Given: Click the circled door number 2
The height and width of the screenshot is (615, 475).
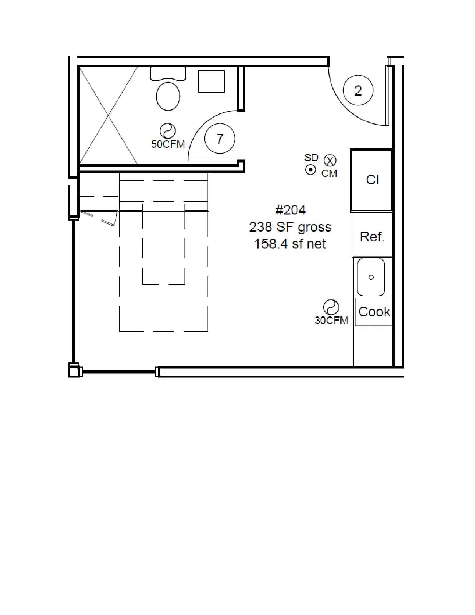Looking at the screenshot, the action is click(358, 90).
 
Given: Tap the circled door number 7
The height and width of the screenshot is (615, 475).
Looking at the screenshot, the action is click(219, 139).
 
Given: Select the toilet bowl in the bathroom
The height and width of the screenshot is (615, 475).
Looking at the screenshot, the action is click(168, 96).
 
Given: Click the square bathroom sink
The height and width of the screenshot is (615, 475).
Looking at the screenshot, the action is click(212, 81).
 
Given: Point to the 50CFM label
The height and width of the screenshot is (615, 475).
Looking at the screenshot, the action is click(168, 145).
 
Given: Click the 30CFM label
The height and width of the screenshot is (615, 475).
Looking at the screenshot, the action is click(331, 320).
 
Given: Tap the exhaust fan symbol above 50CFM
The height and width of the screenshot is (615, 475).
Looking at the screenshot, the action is click(168, 131).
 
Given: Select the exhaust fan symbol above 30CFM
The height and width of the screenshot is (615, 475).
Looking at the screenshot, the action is click(331, 307).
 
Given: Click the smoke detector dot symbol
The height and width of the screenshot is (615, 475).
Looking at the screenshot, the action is click(311, 170).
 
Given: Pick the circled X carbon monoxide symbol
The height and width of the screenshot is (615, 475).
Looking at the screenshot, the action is click(330, 160).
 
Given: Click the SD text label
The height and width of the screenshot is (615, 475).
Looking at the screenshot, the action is click(311, 157).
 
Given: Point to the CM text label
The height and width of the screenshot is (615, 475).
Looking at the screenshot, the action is click(329, 173).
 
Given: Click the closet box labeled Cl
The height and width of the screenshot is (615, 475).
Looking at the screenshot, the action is click(372, 181).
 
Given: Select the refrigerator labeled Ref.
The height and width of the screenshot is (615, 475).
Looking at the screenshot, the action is click(372, 235).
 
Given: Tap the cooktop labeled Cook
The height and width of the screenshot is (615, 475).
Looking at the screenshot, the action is click(374, 312).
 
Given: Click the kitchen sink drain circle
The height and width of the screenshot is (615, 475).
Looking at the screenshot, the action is click(371, 278).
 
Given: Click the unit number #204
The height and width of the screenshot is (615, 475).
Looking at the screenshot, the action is click(290, 210).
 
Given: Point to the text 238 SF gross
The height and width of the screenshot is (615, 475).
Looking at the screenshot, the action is click(290, 227).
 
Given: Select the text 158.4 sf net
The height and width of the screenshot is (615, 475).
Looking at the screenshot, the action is click(290, 244).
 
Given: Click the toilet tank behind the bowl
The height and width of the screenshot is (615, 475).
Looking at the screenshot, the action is click(168, 73).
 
